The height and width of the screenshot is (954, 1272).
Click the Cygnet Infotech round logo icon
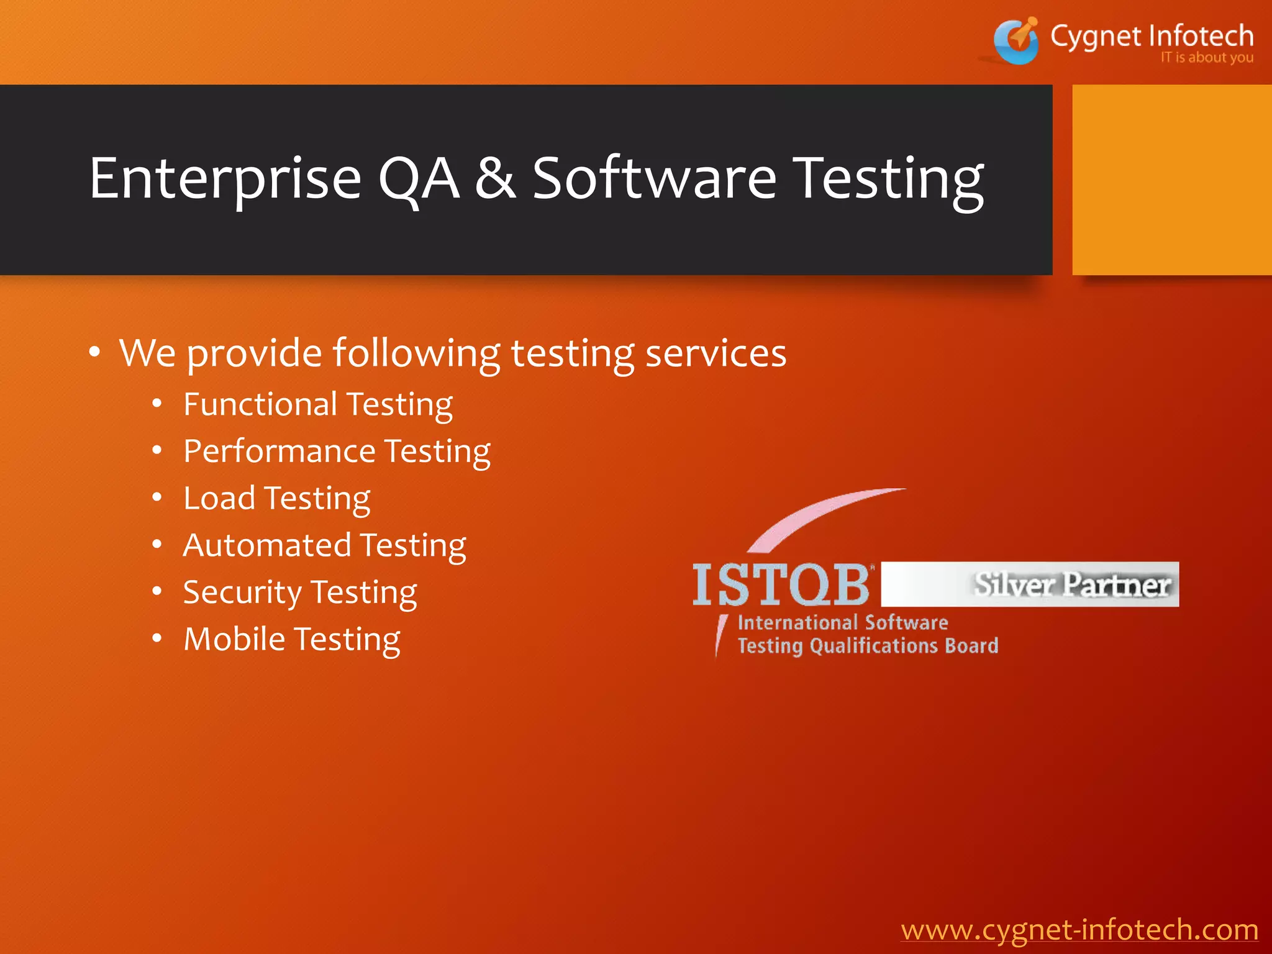click(1016, 41)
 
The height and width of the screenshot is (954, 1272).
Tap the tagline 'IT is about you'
click(1206, 58)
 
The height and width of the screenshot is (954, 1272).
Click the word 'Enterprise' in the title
click(225, 179)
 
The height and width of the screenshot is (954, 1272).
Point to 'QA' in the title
click(419, 179)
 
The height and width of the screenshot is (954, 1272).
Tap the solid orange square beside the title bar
click(1171, 179)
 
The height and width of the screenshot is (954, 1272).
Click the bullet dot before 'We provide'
click(94, 352)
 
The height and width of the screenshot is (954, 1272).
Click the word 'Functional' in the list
click(260, 404)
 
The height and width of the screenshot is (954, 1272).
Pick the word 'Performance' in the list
click(279, 452)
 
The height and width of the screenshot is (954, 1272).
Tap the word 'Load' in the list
click(219, 498)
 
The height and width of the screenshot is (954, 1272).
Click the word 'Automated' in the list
click(267, 545)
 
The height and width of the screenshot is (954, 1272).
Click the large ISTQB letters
click(781, 584)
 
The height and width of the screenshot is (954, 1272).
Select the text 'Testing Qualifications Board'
click(868, 646)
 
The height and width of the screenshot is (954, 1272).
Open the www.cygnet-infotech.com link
click(1079, 930)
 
